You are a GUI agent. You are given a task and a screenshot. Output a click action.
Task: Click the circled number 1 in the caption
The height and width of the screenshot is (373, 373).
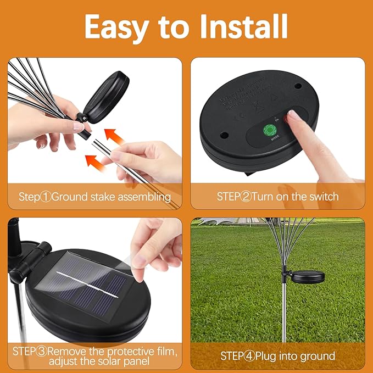[x=46, y=197]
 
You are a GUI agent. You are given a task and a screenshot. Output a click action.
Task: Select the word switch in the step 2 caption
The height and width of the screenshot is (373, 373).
[x=323, y=197]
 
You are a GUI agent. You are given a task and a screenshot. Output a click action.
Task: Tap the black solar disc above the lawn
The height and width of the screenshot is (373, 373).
[x=308, y=277]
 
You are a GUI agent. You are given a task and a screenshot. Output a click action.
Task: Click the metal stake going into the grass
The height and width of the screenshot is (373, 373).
[x=284, y=313]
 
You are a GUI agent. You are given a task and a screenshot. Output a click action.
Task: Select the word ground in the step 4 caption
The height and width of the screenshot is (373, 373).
[x=319, y=355]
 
